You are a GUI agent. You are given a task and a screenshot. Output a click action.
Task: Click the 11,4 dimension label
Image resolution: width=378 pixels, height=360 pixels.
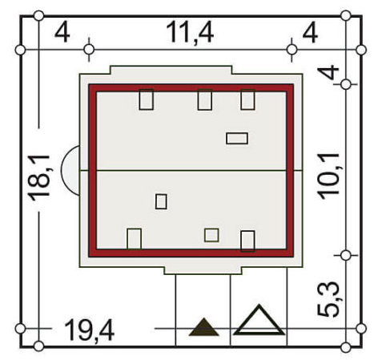(190, 33)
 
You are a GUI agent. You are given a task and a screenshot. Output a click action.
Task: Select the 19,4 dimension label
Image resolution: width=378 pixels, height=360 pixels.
(90, 330)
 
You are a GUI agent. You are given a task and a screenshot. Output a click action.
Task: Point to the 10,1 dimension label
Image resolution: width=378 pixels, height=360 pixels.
(329, 176)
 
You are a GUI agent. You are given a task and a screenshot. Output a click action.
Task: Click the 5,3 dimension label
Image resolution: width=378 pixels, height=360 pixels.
(328, 299)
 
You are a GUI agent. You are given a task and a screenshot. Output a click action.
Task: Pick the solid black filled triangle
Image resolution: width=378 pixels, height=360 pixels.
(204, 327)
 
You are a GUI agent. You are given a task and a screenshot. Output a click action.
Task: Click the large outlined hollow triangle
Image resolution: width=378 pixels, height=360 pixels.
(259, 320)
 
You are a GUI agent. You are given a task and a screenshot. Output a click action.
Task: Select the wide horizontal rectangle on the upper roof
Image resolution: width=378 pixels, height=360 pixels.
(237, 139)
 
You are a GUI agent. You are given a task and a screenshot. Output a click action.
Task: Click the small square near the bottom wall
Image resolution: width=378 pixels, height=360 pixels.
(211, 235)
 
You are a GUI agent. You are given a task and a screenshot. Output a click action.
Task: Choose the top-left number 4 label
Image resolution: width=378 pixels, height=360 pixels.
(62, 33)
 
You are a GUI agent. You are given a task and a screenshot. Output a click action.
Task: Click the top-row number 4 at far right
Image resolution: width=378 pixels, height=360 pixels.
(310, 33)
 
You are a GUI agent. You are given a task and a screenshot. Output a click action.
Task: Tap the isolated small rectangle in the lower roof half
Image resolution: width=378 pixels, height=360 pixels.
(161, 201)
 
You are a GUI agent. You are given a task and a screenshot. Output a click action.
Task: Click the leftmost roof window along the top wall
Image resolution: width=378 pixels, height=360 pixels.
(147, 99)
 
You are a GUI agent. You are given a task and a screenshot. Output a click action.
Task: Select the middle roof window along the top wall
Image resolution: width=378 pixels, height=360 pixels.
(205, 99)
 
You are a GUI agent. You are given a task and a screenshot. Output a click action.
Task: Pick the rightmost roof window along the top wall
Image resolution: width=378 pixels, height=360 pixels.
(247, 99)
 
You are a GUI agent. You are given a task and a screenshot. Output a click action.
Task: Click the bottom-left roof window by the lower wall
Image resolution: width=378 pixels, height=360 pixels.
(135, 239)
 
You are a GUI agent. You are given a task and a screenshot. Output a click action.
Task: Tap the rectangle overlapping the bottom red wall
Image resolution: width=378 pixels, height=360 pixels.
(247, 241)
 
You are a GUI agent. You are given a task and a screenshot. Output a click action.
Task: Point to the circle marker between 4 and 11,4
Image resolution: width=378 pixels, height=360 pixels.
(89, 50)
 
